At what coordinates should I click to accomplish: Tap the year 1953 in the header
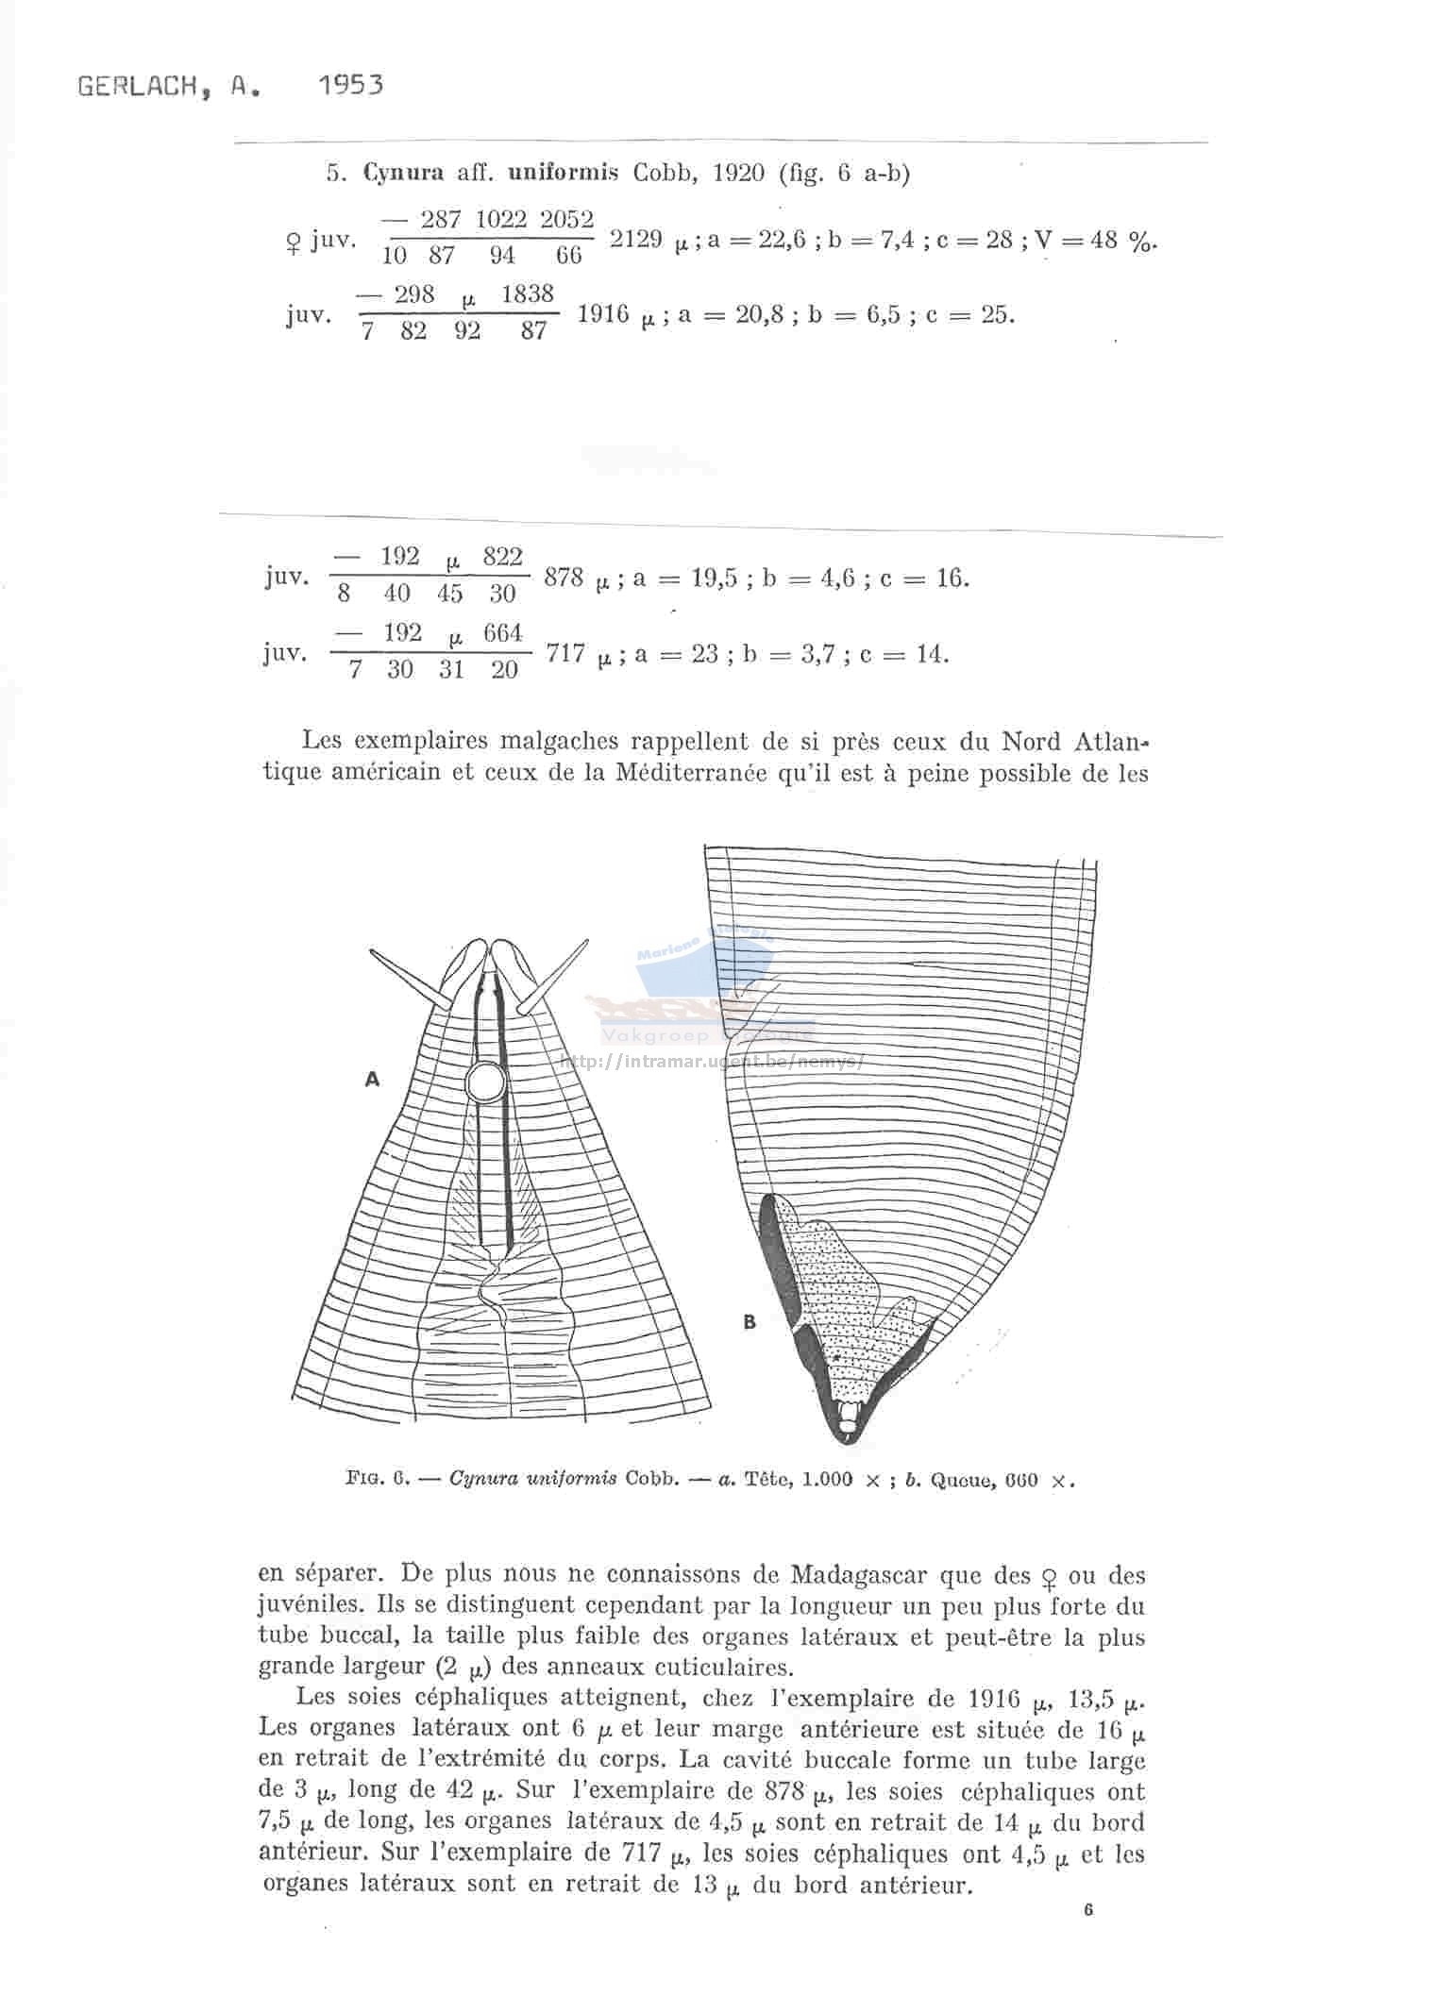pos(351,86)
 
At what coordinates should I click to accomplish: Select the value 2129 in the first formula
pos(635,238)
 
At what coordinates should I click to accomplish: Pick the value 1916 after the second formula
pos(602,313)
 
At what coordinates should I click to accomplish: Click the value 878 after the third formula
pos(564,577)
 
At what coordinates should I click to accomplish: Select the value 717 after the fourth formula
pos(565,652)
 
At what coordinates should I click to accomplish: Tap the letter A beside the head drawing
pos(372,1080)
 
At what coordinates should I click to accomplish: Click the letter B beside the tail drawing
pos(750,1322)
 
